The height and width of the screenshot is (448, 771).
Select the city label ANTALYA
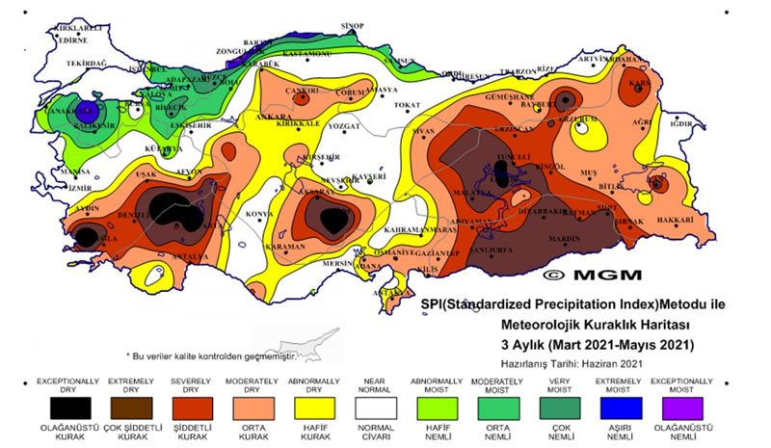[190, 256]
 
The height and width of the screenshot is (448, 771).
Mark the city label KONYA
[258, 213]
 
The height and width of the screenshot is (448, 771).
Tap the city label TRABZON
[517, 71]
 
